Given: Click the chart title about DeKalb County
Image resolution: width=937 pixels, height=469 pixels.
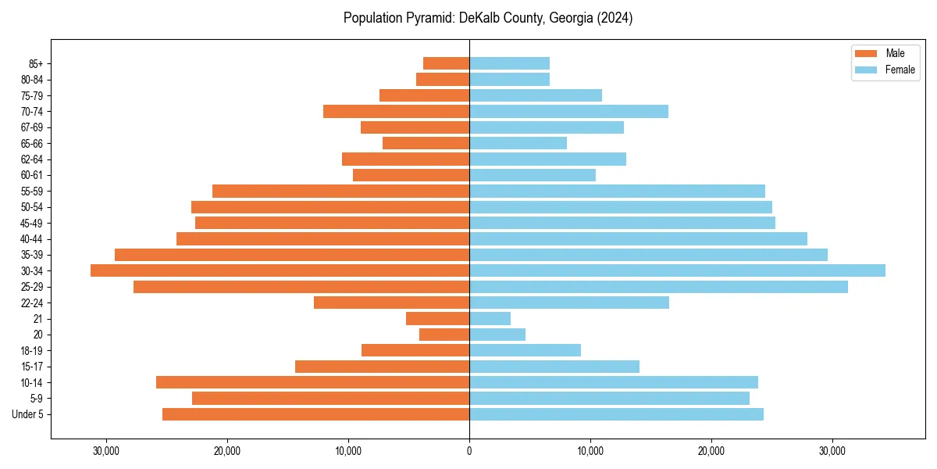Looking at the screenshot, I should pos(488,18).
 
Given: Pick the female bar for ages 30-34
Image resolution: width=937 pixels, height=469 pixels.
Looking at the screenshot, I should pos(677,270).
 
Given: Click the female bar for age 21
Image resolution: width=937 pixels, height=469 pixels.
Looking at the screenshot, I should pos(490,318).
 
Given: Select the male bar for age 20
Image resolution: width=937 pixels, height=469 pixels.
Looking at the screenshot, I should pos(444,335).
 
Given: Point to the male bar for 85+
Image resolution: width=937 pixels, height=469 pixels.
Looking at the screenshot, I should pos(446,63).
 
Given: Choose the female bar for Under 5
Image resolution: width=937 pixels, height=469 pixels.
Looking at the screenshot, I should pos(616,414).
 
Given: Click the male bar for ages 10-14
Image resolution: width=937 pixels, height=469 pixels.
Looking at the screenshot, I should pos(312,382).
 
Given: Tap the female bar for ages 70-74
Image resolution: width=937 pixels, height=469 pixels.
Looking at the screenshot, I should pos(568,111).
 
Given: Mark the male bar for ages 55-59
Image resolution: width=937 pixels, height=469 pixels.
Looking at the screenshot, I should pos(340,191).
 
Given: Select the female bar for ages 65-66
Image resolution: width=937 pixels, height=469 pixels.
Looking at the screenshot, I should pos(518,143).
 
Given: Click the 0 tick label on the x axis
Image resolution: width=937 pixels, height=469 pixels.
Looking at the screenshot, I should pos(469,451).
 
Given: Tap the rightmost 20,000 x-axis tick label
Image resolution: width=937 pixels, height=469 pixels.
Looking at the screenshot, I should pos(711,451).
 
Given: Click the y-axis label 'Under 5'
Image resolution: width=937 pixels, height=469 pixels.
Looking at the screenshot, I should pos(28,414).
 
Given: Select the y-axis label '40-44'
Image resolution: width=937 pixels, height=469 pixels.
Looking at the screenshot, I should pos(33,238).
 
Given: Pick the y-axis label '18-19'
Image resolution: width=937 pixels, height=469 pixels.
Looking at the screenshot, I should pos(33,350).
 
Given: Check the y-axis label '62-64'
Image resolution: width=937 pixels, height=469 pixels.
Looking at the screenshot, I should pos(33,159).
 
